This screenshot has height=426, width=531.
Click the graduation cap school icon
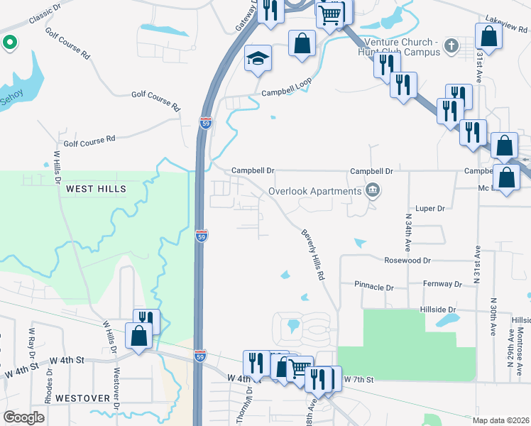tap(258, 58)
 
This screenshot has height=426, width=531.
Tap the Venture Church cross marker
tap(450, 47)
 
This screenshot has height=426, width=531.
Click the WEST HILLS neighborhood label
tap(96, 189)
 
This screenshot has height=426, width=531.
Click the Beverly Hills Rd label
tap(312, 253)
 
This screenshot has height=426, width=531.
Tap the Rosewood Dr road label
tap(407, 261)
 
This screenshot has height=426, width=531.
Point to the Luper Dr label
tap(430, 209)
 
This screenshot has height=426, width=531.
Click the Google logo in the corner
tap(25, 417)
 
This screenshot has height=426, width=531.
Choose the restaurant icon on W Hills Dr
tap(146, 321)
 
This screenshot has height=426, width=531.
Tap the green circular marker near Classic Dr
tap(9, 43)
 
